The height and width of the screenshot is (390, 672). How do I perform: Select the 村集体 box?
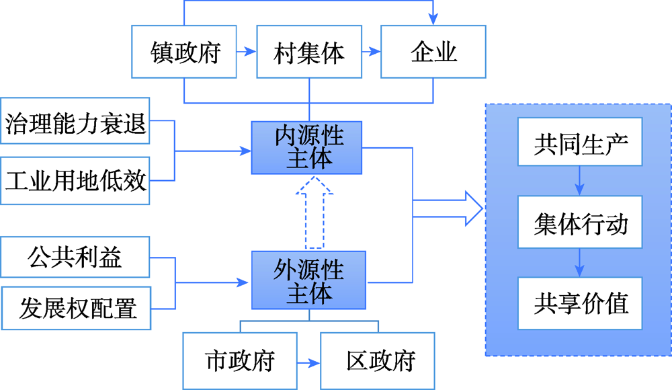(x=309, y=52)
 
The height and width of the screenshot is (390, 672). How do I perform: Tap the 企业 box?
(x=433, y=52)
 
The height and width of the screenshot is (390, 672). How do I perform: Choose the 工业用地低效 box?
(x=75, y=181)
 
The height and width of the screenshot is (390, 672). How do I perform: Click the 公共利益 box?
(x=75, y=256)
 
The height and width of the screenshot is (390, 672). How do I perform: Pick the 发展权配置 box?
(x=75, y=307)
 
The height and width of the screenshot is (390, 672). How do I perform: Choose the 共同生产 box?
(x=580, y=143)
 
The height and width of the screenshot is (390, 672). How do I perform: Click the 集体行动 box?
(x=580, y=222)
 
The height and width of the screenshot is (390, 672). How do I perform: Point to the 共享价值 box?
(x=580, y=303)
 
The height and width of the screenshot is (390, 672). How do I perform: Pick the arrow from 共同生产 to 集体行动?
(x=580, y=182)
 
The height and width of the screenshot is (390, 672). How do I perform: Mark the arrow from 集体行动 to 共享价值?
(x=580, y=262)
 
